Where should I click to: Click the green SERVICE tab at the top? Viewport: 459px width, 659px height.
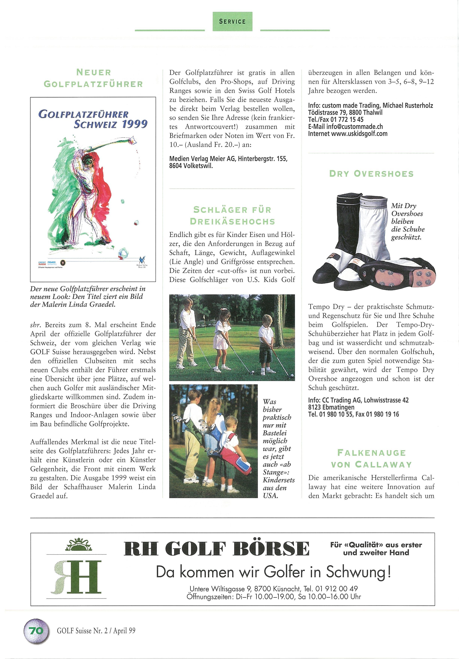[x=232, y=22]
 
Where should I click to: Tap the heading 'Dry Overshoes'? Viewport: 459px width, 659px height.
[x=371, y=174]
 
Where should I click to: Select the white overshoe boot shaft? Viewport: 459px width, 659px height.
[x=374, y=224]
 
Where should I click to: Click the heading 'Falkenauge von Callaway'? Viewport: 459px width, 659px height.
[x=371, y=458]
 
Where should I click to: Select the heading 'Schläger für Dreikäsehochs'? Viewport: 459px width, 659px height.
[x=232, y=215]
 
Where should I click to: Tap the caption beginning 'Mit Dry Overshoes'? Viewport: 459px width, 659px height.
[x=407, y=221]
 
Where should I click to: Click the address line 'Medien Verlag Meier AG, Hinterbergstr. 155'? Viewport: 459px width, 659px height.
[x=228, y=159]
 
